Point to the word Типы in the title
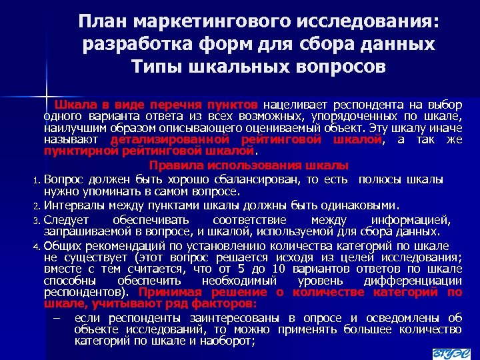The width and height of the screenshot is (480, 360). [x=155, y=67]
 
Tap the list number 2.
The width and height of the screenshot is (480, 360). [x=37, y=205]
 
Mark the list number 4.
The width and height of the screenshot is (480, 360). [x=37, y=246]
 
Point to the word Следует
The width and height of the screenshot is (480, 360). [x=66, y=220]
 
